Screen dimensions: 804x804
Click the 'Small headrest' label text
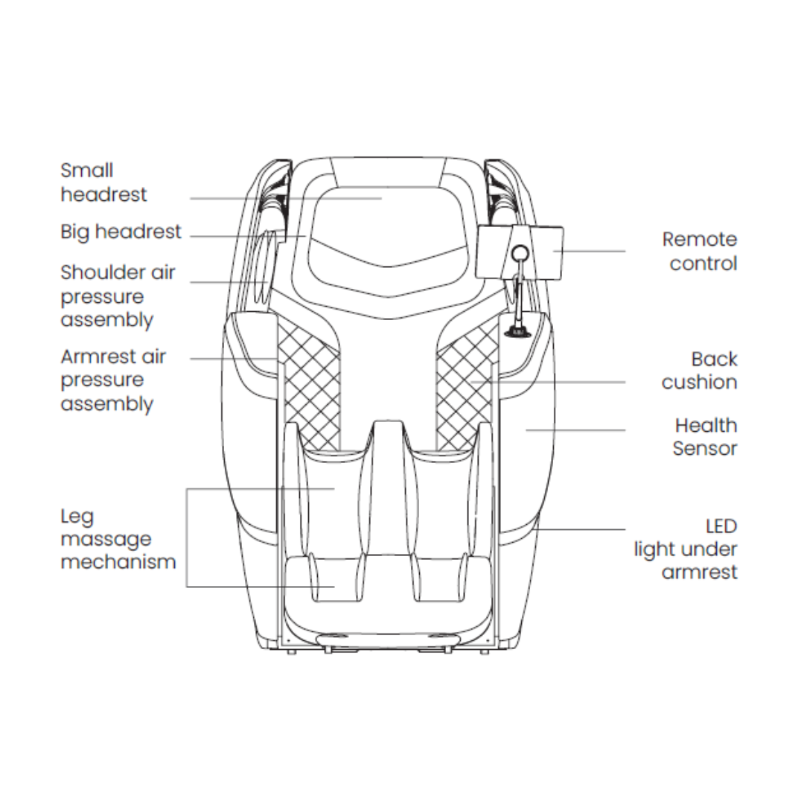point(103,183)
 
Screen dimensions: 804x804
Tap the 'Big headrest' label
point(121,232)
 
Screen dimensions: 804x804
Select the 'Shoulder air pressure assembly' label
point(118,296)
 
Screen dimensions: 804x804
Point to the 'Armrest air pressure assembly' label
point(113,380)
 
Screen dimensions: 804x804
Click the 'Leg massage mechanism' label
point(118,539)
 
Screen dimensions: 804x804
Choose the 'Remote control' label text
point(699,251)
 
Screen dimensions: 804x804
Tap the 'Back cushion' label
point(699,370)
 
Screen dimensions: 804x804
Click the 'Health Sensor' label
point(705,437)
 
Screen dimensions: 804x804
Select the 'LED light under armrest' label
point(686,549)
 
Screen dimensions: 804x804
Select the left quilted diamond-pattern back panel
point(310,380)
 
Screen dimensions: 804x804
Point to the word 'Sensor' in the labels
point(705,449)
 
